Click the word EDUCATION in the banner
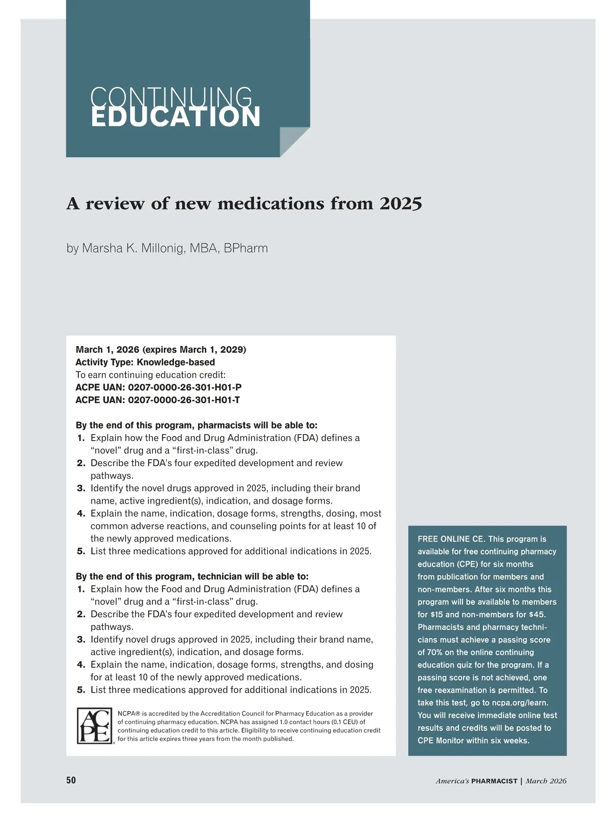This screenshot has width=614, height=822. [x=176, y=117]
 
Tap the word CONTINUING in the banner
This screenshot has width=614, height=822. [x=171, y=97]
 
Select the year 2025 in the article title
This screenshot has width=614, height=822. [x=401, y=204]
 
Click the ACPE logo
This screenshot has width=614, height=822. [x=95, y=726]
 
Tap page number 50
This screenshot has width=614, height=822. [x=71, y=780]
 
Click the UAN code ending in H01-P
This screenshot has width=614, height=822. [x=185, y=387]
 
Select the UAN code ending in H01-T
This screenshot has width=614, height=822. [x=184, y=400]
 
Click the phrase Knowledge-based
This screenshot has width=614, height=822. [x=176, y=362]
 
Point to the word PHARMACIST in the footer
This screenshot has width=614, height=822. [x=494, y=781]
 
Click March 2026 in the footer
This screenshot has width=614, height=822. [x=546, y=781]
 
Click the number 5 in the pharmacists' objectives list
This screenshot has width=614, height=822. [x=81, y=551]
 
